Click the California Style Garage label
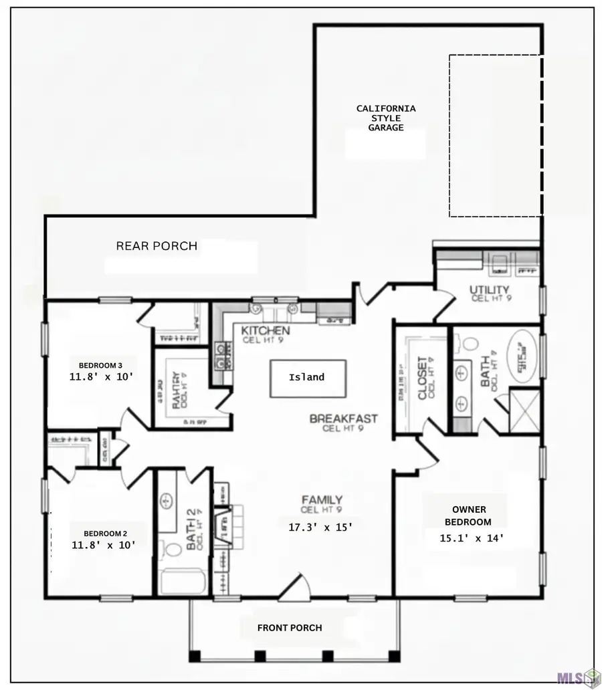point(385,118)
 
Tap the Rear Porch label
point(157,246)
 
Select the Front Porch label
point(290,628)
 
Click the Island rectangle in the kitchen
point(307,378)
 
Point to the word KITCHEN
point(266,331)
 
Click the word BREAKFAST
point(343,419)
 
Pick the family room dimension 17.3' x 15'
point(319,527)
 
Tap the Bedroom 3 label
point(100,365)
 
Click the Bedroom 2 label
point(105,534)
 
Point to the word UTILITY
point(490,290)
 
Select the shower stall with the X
point(524,411)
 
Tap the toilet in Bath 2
point(173,550)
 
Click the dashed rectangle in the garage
point(495,136)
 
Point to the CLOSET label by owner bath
point(423,378)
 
